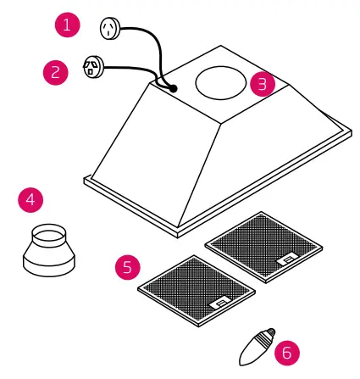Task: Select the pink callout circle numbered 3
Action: tap(263, 83)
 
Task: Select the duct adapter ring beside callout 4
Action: tap(49, 249)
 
